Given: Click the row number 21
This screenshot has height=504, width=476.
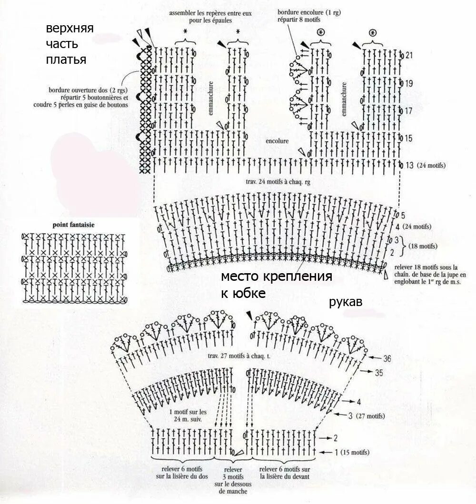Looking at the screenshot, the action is (x=409, y=56).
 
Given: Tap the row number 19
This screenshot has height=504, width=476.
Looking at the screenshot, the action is (x=409, y=83).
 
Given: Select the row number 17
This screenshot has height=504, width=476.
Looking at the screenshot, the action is (x=409, y=110).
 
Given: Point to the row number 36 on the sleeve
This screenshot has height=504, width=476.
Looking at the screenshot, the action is (x=387, y=359).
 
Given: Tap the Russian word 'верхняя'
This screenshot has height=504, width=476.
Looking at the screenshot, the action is (x=69, y=28).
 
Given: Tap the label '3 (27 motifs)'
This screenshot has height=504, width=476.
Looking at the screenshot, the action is (x=366, y=415).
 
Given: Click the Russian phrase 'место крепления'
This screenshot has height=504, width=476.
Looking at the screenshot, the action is (x=276, y=277).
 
